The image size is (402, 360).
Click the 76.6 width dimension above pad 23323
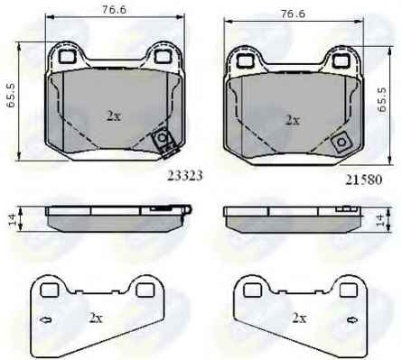click(x=114, y=10)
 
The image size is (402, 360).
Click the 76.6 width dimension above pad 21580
click(x=293, y=14)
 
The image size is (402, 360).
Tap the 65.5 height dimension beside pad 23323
click(x=12, y=96)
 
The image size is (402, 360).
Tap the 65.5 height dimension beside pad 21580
click(x=382, y=100)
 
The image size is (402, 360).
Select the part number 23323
click(x=185, y=176)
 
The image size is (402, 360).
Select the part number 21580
click(x=364, y=180)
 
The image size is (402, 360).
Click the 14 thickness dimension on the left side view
click(x=12, y=219)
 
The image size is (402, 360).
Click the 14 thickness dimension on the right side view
click(x=380, y=219)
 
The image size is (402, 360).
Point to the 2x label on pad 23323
click(x=114, y=115)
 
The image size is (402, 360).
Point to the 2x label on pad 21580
click(x=293, y=120)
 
